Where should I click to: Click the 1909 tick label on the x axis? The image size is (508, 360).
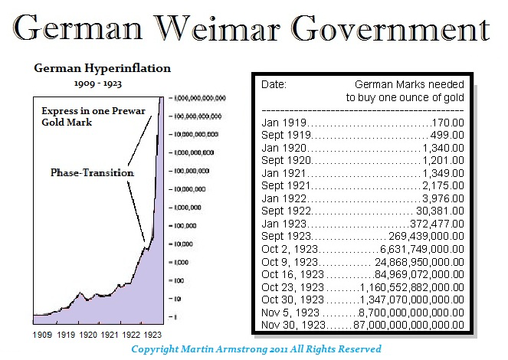coord(42,335)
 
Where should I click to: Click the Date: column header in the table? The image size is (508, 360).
coord(274,83)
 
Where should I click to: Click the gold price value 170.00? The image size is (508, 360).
coord(450,122)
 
